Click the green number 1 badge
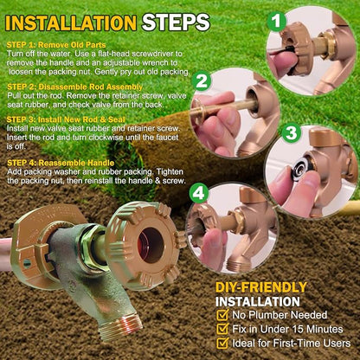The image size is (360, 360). click(276, 21)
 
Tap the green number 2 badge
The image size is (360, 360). click(201, 80)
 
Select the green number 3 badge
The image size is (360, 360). click(291, 133)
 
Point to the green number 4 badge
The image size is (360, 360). click(199, 193)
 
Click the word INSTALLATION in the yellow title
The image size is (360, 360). click(71, 23)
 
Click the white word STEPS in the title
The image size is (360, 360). click(176, 22)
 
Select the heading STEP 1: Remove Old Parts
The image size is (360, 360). click(56, 45)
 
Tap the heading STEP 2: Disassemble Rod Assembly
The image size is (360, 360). click(74, 87)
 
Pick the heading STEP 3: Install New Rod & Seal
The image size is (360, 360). click(66, 119)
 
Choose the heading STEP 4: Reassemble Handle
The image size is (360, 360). click(61, 163)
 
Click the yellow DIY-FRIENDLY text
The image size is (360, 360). click(261, 287)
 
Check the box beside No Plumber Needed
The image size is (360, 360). click(222, 315)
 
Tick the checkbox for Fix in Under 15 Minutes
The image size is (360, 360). click(222, 329)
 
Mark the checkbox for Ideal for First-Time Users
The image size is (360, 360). click(222, 343)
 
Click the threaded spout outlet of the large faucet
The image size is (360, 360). click(120, 326)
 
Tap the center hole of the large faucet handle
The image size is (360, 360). click(151, 245)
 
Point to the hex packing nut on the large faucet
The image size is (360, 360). click(93, 247)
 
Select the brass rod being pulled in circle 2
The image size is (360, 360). click(223, 109)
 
